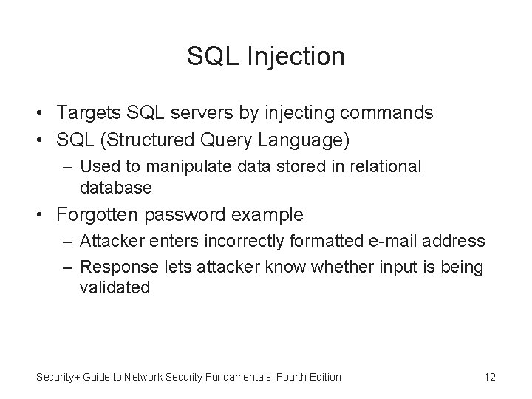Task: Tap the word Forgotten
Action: [x=100, y=215]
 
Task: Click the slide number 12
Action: [x=489, y=377]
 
